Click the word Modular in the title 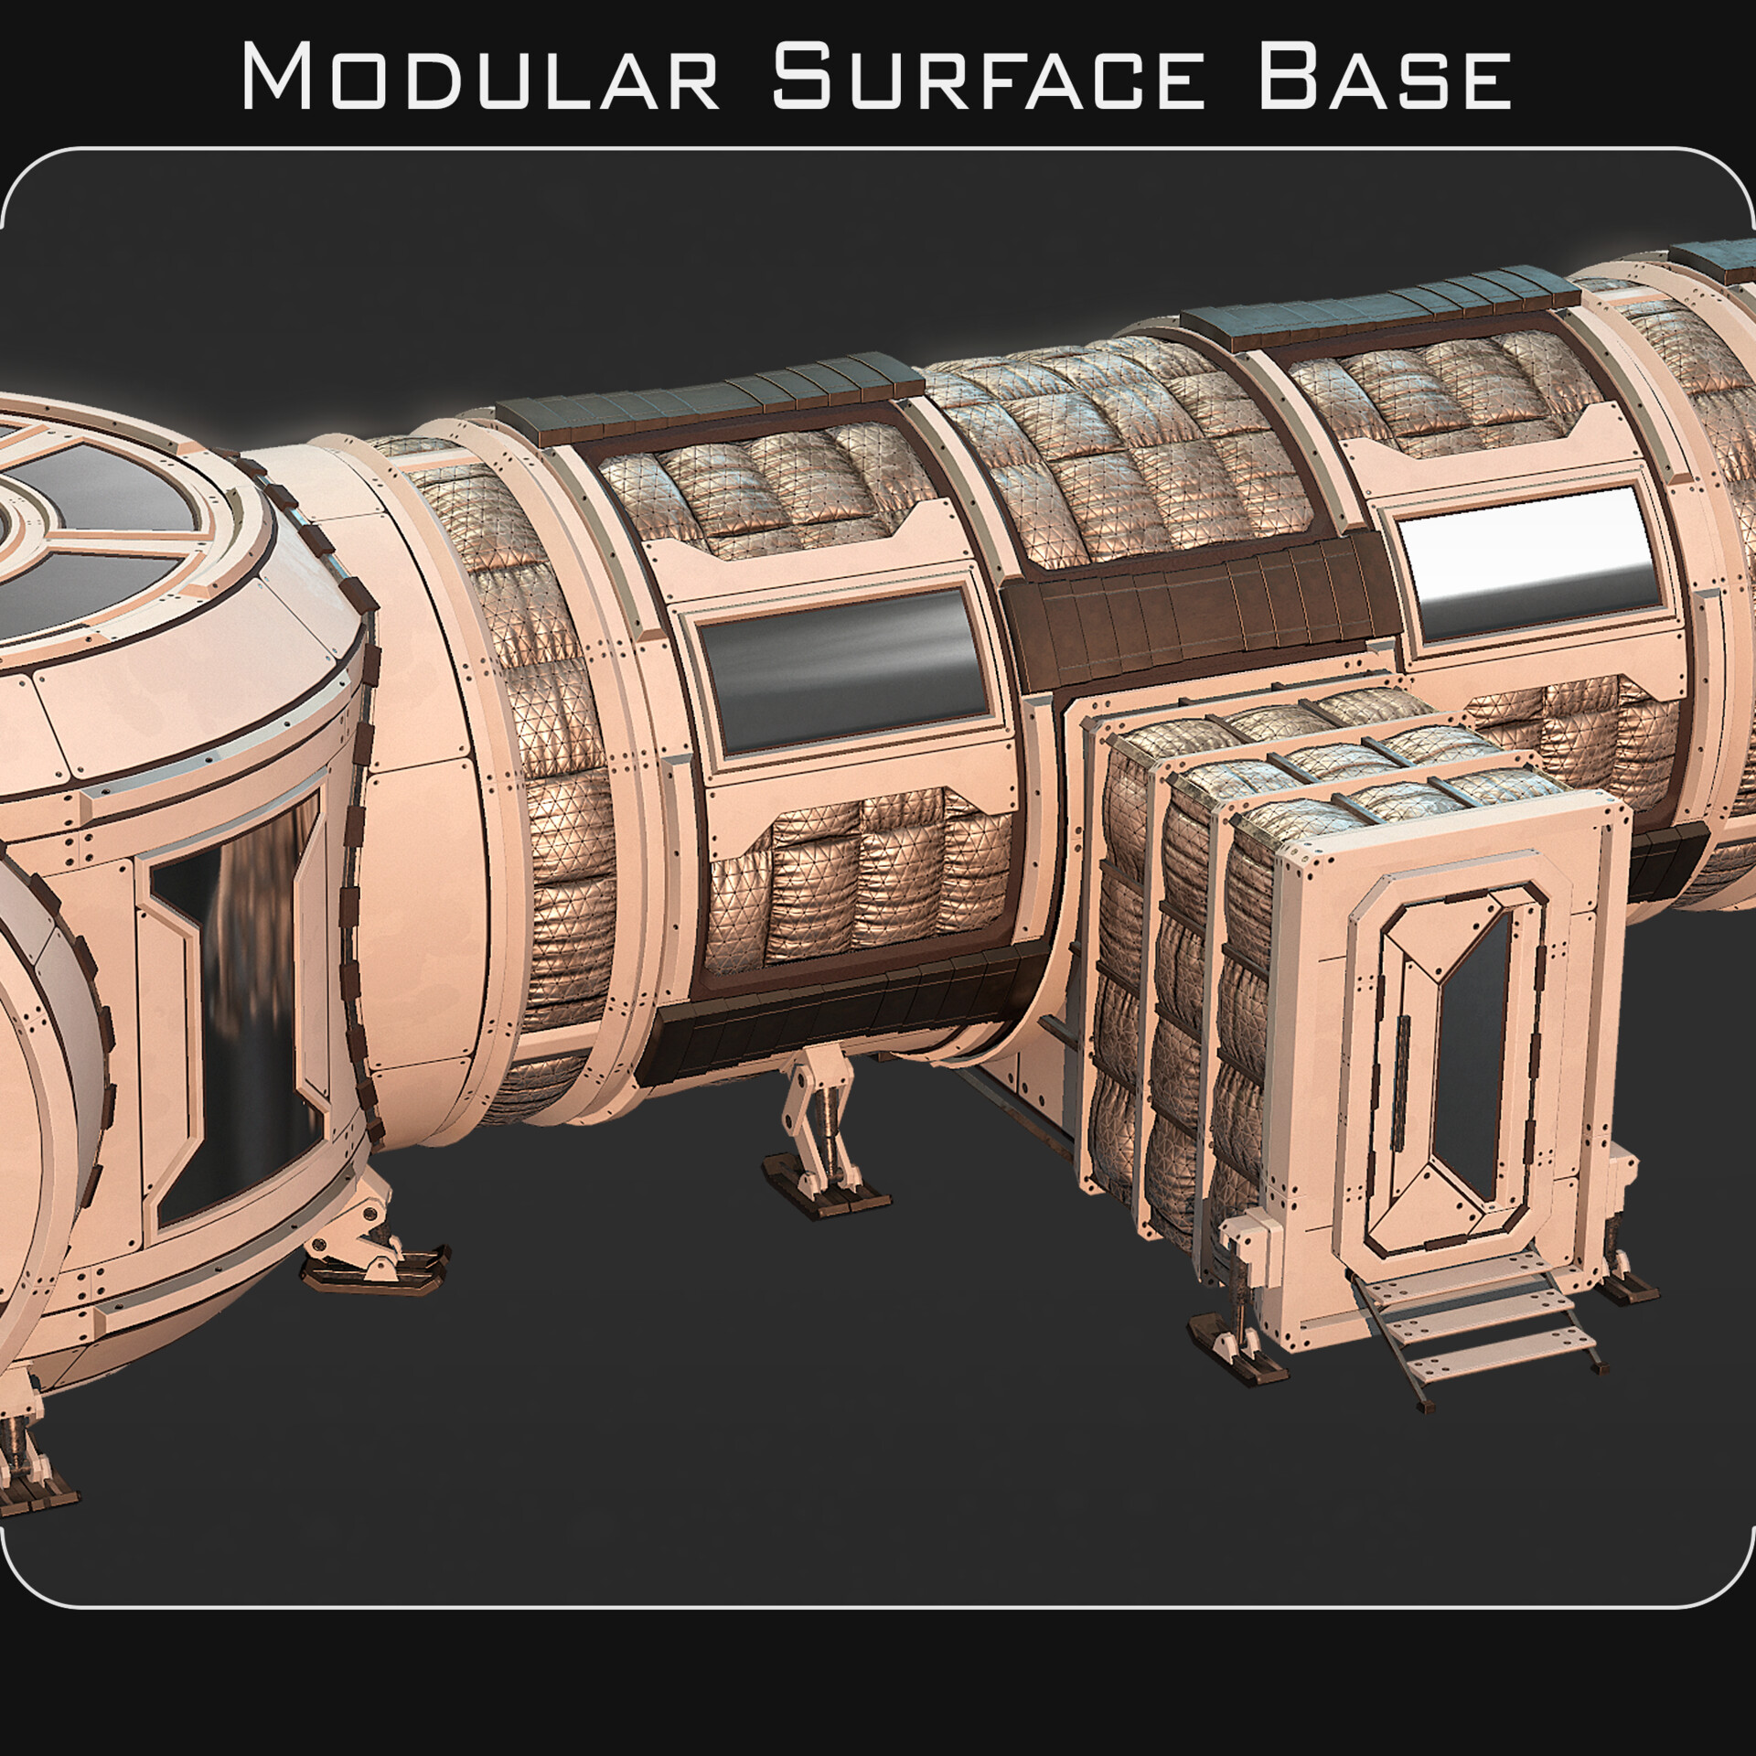[x=480, y=78]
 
